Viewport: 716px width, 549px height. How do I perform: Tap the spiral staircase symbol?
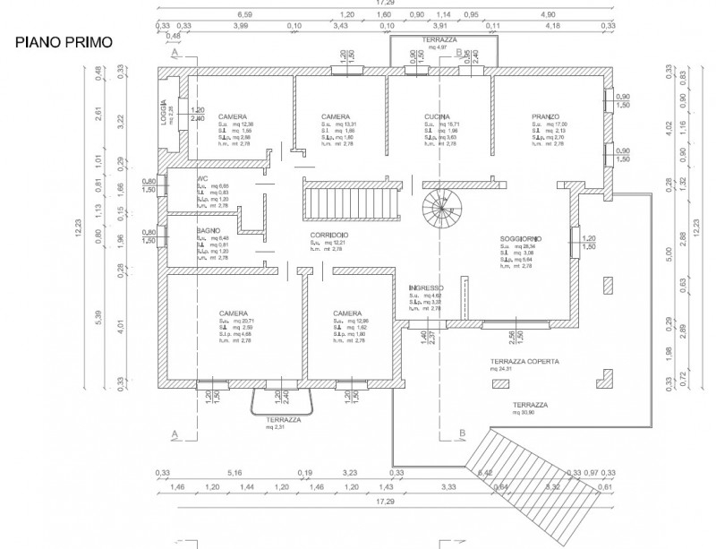(x=438, y=211)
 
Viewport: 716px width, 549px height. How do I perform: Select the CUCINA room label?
(x=437, y=117)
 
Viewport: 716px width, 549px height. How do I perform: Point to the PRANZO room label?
(x=545, y=117)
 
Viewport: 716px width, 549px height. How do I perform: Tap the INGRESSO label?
(x=425, y=287)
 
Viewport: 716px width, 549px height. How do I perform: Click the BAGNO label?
(x=209, y=230)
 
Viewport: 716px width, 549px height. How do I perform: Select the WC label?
(x=203, y=179)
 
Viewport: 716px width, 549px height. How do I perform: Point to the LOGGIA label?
(x=165, y=115)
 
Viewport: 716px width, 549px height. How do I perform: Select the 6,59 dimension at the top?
(x=244, y=15)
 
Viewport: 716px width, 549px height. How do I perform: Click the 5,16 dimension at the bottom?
(x=235, y=472)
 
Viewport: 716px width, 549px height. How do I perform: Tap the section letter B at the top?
(x=460, y=54)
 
